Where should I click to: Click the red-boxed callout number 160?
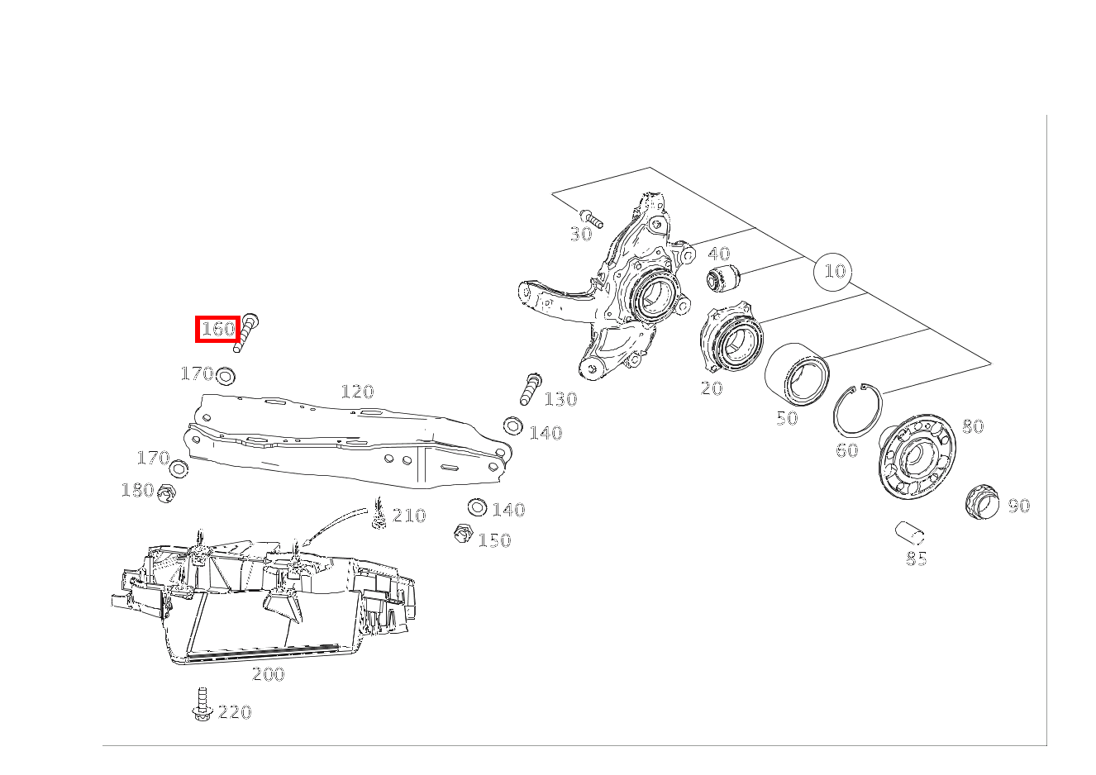(217, 329)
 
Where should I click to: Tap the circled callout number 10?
(833, 272)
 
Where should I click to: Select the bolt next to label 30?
(591, 218)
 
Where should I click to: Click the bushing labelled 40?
(724, 277)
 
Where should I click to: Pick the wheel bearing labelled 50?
(797, 374)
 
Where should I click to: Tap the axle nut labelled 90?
(982, 501)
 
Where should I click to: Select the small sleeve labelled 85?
(909, 533)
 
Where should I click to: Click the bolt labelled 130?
(530, 389)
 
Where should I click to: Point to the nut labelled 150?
(462, 533)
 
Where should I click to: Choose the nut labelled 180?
(166, 493)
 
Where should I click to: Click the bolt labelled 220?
(202, 704)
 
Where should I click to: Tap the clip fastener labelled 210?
(379, 513)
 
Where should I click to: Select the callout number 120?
(357, 392)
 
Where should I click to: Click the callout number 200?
(268, 674)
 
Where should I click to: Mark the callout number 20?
(712, 388)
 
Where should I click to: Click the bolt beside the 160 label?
(246, 332)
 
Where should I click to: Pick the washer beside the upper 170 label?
(225, 376)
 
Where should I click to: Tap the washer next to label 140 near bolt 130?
(512, 426)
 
